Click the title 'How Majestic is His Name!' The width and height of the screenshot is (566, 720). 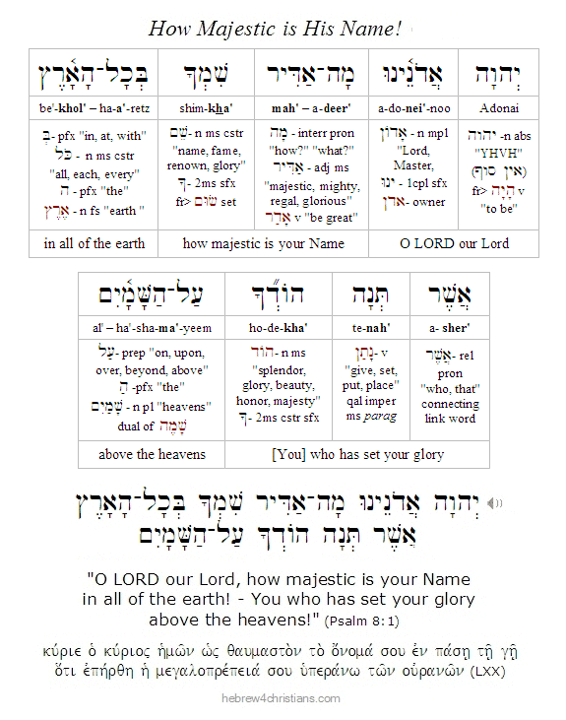(283, 28)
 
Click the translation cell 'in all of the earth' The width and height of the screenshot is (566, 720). (94, 244)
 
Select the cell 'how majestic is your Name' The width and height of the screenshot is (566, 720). (263, 244)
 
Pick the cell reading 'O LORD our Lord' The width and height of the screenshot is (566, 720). (454, 244)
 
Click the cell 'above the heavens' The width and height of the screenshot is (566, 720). (152, 454)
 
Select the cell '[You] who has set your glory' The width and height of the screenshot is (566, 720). (356, 454)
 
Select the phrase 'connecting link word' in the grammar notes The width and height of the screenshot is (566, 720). (450, 411)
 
